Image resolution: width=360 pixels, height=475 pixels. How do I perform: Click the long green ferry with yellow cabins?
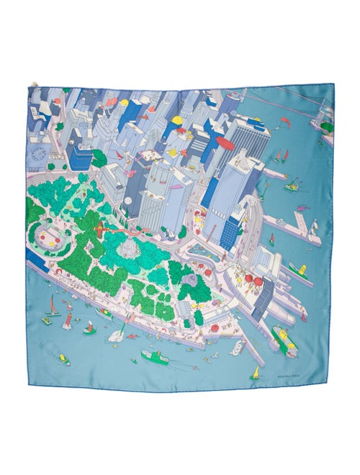pyautogui.click(x=284, y=341)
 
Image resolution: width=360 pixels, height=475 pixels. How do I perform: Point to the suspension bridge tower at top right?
pyautogui.click(x=322, y=108)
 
